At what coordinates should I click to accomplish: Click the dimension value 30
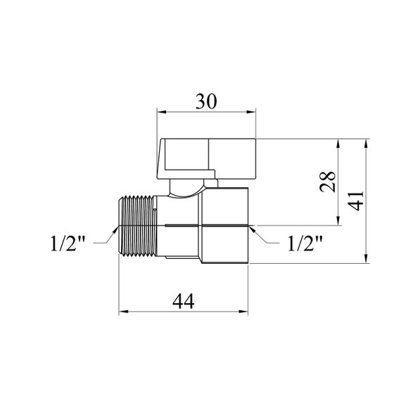(x=206, y=101)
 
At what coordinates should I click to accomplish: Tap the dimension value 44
(x=184, y=301)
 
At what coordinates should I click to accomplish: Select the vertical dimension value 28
(x=328, y=182)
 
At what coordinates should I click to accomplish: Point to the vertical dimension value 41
(x=356, y=200)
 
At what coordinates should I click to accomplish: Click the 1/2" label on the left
(x=68, y=243)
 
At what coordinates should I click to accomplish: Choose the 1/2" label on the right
(x=305, y=243)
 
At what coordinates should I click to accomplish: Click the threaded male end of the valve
(x=137, y=226)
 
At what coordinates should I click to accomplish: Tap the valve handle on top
(x=206, y=158)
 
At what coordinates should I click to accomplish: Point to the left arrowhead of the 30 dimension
(x=162, y=112)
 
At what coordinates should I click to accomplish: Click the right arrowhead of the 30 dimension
(x=251, y=112)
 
